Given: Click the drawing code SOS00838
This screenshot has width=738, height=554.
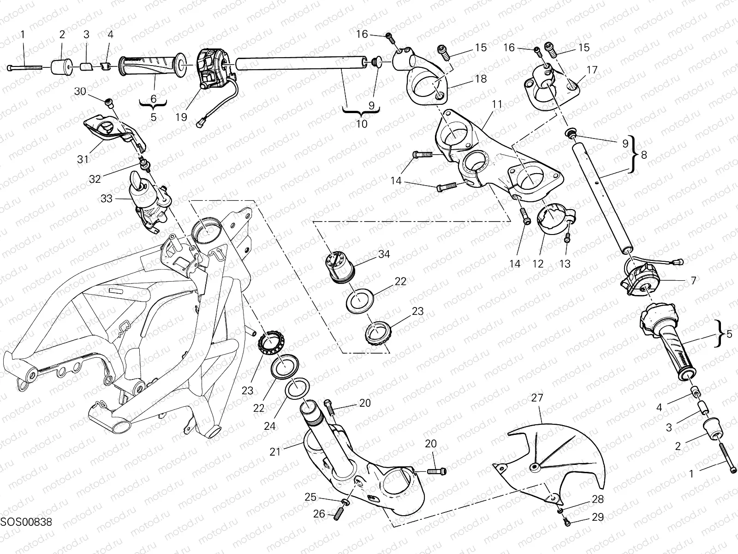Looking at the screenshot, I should (25, 522).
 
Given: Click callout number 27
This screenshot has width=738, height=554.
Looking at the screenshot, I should (537, 397).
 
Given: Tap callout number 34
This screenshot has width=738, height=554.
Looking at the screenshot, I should (384, 254).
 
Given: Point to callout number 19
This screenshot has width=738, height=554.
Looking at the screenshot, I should (181, 117).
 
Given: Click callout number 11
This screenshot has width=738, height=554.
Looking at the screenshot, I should (496, 104).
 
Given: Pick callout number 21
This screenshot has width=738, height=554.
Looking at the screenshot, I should (275, 453).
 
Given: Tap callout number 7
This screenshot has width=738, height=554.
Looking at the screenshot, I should (693, 280).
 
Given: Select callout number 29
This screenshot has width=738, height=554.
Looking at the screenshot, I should (597, 517).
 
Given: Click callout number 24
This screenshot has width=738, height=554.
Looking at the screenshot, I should (270, 426).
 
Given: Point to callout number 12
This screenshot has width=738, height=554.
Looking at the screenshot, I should (538, 264).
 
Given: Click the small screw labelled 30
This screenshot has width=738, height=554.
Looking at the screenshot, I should (109, 102).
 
